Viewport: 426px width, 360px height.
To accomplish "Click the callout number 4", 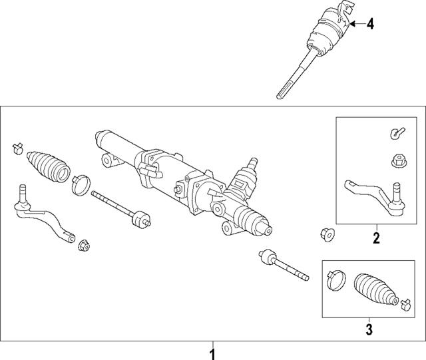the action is (x=370, y=25).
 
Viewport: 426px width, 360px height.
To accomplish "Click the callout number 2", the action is (x=376, y=238).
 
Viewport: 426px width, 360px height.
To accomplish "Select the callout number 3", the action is (x=369, y=329).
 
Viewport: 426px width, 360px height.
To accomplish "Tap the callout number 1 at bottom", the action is (x=213, y=354).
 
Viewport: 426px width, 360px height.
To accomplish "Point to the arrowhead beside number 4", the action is (x=353, y=25).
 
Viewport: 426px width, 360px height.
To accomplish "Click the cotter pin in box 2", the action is (x=397, y=133).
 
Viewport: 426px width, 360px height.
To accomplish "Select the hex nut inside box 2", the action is (x=398, y=160).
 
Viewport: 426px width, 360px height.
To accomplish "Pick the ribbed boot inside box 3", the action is (x=375, y=290).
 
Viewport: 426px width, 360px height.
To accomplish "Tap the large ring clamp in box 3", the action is (x=336, y=280).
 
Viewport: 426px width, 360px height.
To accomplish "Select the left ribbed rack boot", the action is (x=49, y=166).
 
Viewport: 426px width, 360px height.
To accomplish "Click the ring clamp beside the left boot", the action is (x=81, y=185).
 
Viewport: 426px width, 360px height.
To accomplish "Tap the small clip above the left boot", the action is (x=18, y=148).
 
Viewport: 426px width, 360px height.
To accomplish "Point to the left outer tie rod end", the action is (x=45, y=214).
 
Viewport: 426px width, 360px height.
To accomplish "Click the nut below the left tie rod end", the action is (x=85, y=246).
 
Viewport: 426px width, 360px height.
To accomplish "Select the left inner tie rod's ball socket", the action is (x=140, y=218).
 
